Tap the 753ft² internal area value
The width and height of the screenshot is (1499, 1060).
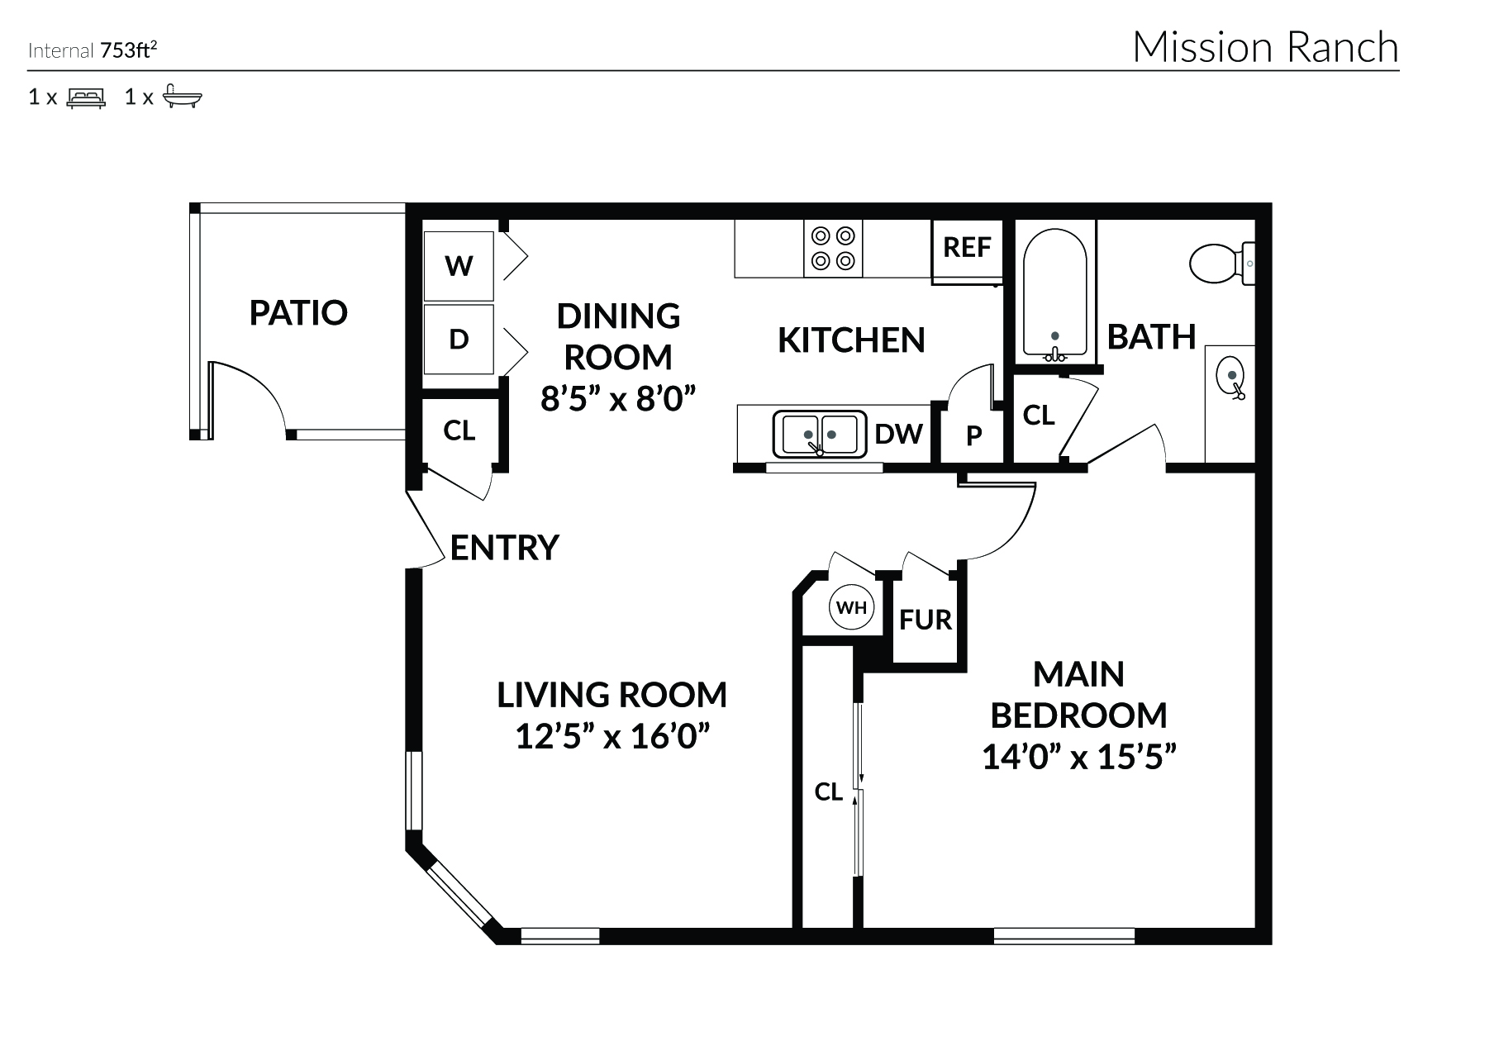[128, 51]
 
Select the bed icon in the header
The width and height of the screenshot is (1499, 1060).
[86, 98]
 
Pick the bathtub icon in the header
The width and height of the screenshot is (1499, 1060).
[182, 97]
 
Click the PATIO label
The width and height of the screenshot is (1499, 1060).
[298, 312]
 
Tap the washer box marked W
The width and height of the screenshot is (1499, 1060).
[459, 266]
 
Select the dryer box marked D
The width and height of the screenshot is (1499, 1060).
[459, 339]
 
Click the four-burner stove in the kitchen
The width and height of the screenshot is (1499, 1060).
[832, 249]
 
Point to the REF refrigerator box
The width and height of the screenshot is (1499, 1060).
[967, 247]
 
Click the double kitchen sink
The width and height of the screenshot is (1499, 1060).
[819, 435]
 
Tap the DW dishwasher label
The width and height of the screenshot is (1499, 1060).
[898, 434]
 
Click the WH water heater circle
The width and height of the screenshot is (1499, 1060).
[851, 608]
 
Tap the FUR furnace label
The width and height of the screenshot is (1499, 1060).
[926, 620]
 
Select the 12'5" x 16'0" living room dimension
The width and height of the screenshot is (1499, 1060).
[612, 735]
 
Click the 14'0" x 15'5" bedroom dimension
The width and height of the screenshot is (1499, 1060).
[1078, 756]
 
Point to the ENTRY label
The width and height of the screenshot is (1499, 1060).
[504, 548]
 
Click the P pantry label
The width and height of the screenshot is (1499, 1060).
[974, 435]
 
